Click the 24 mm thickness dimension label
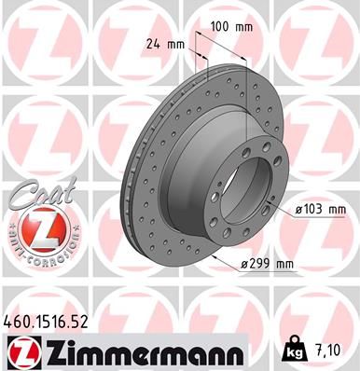click(163, 43)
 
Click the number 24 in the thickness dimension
click(153, 43)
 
